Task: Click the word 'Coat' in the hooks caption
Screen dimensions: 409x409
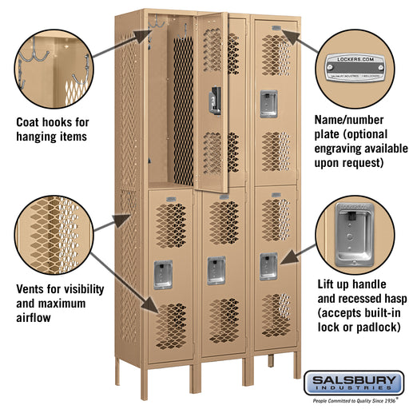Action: (30, 123)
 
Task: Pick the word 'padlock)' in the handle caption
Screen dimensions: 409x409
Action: (371, 328)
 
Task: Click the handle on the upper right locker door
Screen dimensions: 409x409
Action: (264, 100)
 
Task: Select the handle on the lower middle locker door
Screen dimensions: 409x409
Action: (216, 269)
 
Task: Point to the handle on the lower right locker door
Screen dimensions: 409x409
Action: (268, 264)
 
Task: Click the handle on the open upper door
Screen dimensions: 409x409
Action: (213, 100)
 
